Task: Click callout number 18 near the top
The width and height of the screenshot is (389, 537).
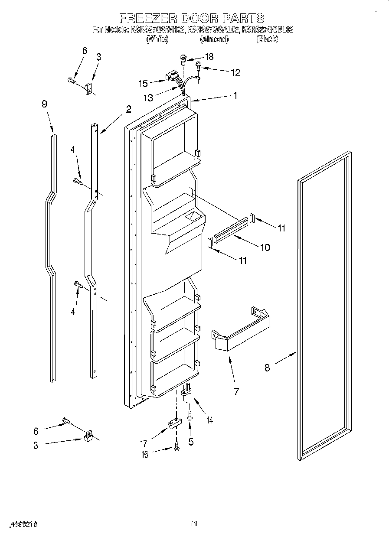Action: coord(209,56)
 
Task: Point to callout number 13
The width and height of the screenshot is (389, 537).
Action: coord(149,98)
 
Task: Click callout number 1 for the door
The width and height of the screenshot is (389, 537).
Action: coord(235,96)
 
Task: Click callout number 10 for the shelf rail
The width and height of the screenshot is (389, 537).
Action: coord(265,247)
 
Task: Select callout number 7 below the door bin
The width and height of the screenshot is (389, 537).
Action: coord(236,391)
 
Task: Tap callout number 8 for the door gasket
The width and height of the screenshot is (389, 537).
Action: coord(267,368)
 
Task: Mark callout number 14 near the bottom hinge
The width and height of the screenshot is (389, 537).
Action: coord(209,420)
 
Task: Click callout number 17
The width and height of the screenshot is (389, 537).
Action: coord(144,443)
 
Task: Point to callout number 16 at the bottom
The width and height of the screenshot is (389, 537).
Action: coord(144,454)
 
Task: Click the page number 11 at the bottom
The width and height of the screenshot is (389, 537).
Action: coord(194,524)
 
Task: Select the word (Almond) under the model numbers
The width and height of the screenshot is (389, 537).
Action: coord(214,39)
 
